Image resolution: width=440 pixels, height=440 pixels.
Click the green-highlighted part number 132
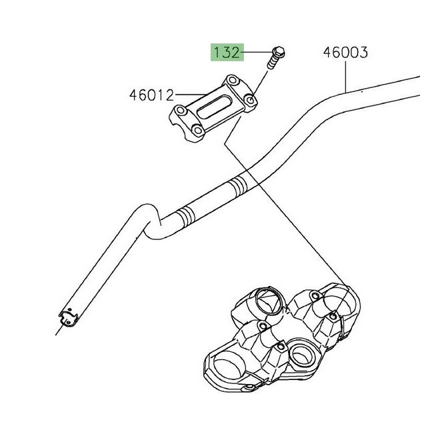click(227, 52)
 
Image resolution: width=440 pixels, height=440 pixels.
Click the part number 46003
click(345, 53)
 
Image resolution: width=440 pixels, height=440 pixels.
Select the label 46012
click(151, 95)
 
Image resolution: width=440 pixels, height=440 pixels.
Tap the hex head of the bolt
click(279, 51)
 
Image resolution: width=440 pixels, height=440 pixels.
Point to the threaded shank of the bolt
click(272, 63)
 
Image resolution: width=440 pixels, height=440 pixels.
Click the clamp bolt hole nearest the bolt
click(250, 99)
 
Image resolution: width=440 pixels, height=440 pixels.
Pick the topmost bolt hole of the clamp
click(232, 80)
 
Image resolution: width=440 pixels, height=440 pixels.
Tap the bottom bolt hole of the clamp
click(199, 130)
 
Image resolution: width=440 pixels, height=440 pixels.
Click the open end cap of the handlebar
click(68, 318)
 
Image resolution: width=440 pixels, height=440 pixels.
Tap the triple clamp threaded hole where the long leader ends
click(333, 316)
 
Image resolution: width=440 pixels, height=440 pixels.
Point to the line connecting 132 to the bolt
click(257, 52)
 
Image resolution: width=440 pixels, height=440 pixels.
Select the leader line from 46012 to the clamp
click(191, 95)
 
